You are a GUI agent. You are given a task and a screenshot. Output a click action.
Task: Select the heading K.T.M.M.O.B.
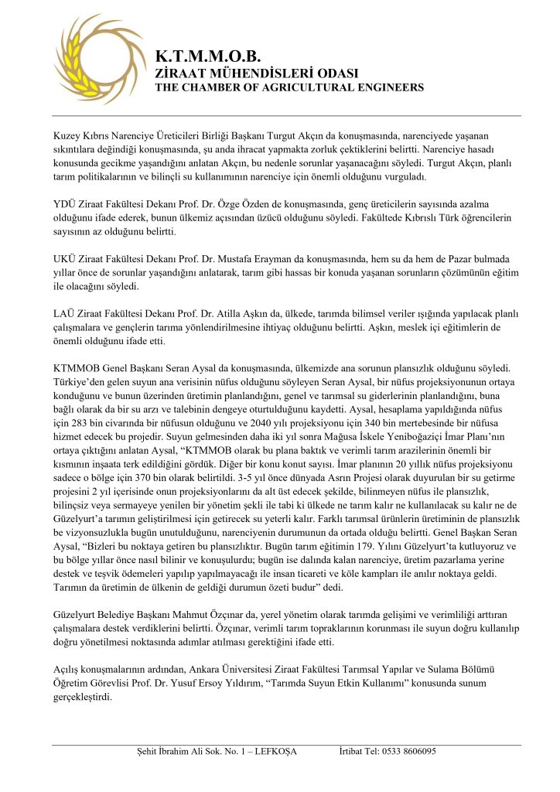coord(206,56)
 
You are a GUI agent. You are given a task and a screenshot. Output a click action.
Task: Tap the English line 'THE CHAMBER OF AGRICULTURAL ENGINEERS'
coord(289,87)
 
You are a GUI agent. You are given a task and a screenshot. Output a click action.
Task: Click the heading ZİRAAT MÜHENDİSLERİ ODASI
coord(257,73)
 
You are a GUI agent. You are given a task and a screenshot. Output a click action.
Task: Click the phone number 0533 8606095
coord(409,751)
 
